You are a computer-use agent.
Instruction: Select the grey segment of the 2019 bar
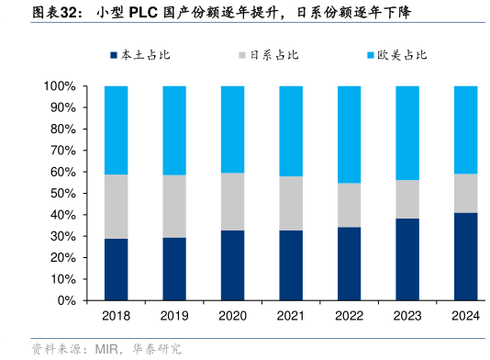coord(174,206)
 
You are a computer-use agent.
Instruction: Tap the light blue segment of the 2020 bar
coord(232,129)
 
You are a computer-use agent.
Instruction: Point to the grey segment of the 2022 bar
coord(350,205)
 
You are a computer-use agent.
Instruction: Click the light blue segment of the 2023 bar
coord(407,133)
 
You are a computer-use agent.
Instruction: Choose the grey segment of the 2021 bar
coord(291,203)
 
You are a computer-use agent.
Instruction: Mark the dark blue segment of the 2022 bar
coord(350,264)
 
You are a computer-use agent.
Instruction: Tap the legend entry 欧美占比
coord(402,55)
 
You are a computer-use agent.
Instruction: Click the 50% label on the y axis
coord(62,194)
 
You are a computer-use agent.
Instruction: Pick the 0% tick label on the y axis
coord(66,300)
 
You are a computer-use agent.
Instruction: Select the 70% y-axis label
coord(62,151)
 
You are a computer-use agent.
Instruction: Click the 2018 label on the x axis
coord(116,316)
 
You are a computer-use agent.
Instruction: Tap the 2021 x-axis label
coord(291,316)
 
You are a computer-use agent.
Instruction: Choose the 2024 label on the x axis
coord(466,316)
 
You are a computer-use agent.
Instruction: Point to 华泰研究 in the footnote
coord(157,349)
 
